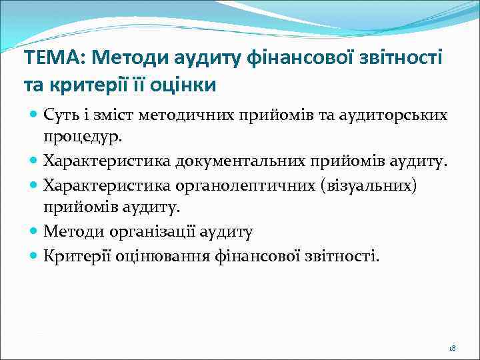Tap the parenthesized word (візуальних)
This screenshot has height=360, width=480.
pyautogui.click(x=369, y=184)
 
